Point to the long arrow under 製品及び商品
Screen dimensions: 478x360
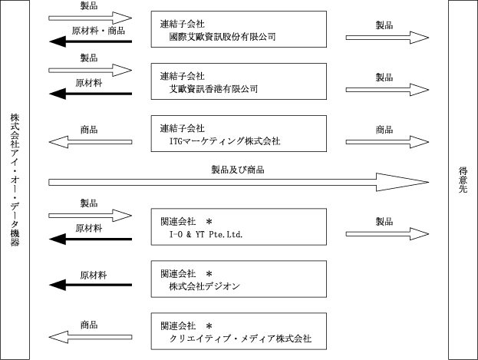(x=239, y=182)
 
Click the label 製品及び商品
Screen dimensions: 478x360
(x=238, y=170)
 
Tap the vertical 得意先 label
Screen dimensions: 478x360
(x=463, y=180)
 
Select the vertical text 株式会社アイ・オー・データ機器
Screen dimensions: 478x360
(x=15, y=180)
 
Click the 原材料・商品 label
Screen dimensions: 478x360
(x=98, y=31)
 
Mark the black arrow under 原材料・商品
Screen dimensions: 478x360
(x=91, y=41)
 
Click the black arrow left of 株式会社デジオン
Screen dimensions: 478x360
(x=91, y=285)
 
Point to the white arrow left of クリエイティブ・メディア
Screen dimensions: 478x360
(x=91, y=337)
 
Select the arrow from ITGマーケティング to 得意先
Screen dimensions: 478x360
(x=387, y=142)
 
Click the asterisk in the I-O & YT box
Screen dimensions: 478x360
(x=209, y=222)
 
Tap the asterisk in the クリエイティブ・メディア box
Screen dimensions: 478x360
(x=209, y=326)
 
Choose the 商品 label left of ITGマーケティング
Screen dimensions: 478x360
(x=89, y=130)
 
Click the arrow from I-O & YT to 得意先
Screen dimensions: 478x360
(x=387, y=234)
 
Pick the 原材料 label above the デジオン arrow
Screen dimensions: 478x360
(x=94, y=276)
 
